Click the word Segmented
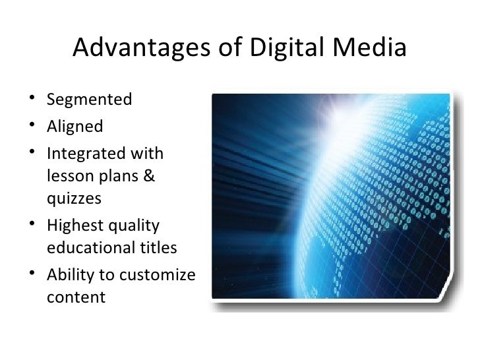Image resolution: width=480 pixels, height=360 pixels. (90, 100)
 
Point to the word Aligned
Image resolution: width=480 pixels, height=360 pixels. (75, 127)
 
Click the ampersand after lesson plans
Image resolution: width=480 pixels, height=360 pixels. (148, 176)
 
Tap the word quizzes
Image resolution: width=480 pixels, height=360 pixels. (75, 199)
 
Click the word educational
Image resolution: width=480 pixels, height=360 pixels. (94, 249)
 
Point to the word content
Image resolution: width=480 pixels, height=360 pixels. (76, 297)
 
